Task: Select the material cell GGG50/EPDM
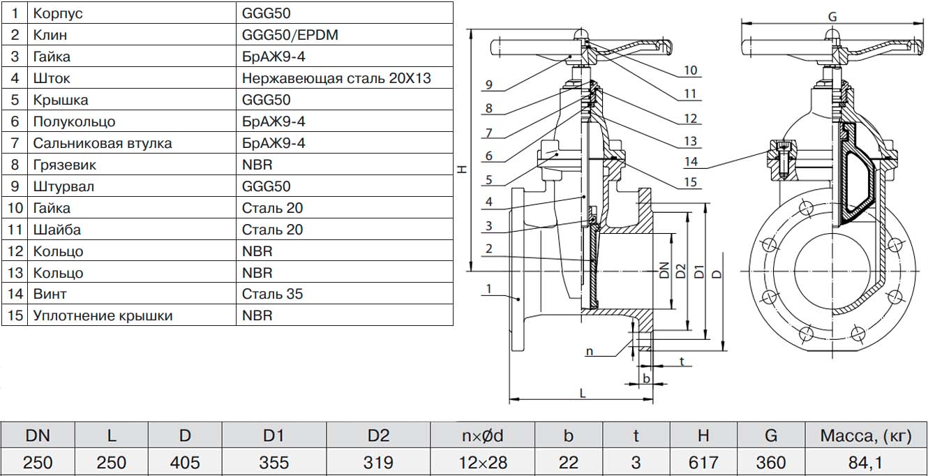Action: [290, 35]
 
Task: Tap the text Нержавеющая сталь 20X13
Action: [336, 78]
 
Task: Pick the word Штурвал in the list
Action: [63, 186]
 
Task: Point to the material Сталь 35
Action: [272, 294]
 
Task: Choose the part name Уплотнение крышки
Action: [103, 315]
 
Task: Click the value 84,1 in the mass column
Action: [866, 462]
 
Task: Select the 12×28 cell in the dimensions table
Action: [482, 462]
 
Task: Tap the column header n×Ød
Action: [482, 437]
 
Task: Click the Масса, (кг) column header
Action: [866, 437]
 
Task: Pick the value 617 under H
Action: [703, 462]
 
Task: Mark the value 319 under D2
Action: [378, 462]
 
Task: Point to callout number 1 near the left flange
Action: [489, 289]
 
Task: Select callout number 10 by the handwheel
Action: [691, 70]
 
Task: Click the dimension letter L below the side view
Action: [583, 393]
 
